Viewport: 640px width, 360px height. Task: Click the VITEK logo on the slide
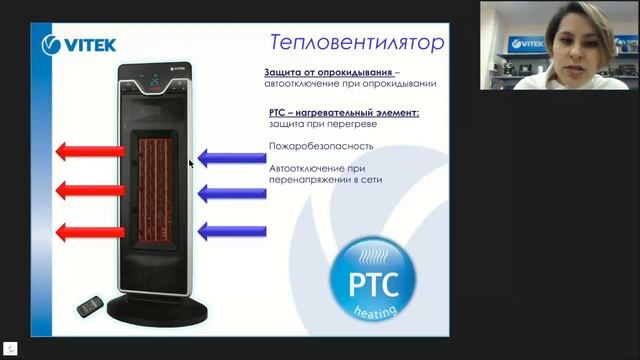[x=80, y=44]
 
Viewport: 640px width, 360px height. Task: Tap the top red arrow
[x=89, y=152]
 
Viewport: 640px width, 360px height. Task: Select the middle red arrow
[x=89, y=190]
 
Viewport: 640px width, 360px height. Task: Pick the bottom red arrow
[x=89, y=232]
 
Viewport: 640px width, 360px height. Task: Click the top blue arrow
[x=231, y=157]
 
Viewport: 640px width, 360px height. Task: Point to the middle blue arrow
[x=231, y=193]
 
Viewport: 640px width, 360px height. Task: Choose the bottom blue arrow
[x=231, y=231]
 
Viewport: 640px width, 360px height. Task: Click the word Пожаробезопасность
[x=313, y=146]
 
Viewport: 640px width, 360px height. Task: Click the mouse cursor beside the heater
[x=191, y=162]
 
